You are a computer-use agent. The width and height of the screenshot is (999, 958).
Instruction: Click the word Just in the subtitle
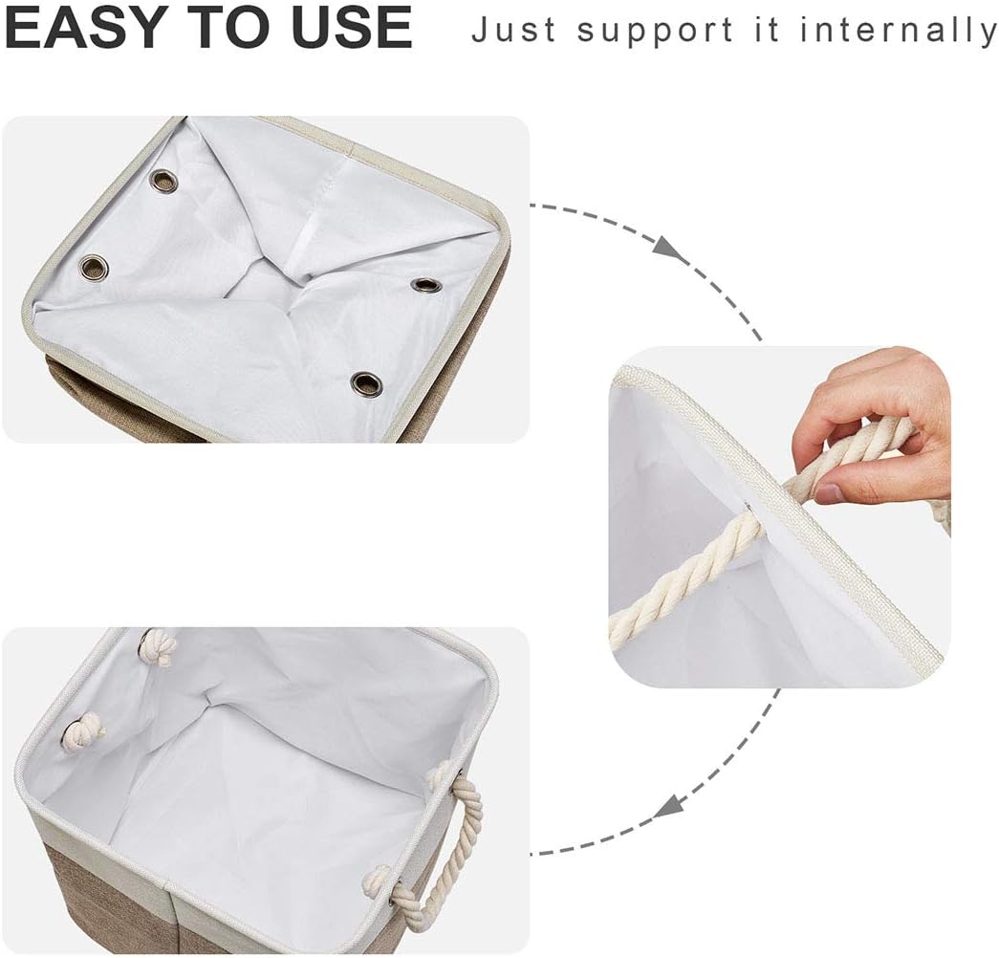(514, 31)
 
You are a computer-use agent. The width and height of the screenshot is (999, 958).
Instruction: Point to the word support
(648, 31)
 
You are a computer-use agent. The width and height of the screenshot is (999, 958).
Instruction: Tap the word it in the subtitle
(764, 31)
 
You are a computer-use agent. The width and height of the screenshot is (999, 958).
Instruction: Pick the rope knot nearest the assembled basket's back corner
(156, 648)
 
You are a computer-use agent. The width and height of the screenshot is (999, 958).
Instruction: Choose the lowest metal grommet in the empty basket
(363, 384)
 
